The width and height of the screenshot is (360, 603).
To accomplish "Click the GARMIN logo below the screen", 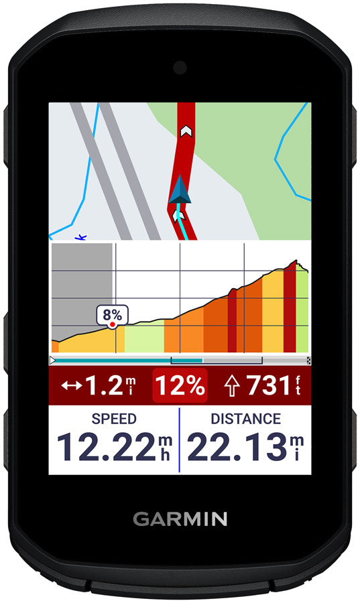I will coord(180,519).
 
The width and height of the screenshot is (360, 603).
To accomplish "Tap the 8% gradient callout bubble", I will coord(113,314).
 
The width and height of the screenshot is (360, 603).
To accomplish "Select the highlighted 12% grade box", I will coord(180,386).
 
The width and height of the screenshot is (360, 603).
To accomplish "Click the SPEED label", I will coord(114,419).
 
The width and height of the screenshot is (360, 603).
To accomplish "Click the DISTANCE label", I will coord(245,419).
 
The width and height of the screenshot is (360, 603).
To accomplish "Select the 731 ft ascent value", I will coord(266,386).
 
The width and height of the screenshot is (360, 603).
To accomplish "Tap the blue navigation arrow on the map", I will coord(180,192).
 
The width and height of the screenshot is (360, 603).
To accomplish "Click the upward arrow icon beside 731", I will coord(232,386).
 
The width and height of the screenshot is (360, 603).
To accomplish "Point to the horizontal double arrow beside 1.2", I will coord(70,386).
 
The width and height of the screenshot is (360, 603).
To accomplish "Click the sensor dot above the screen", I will coord(180,67).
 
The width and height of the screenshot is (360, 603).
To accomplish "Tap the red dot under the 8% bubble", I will coord(113,325).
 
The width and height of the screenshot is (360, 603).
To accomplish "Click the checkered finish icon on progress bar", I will coord(308,360).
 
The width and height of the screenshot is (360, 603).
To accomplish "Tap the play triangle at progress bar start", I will coord(54,360).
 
